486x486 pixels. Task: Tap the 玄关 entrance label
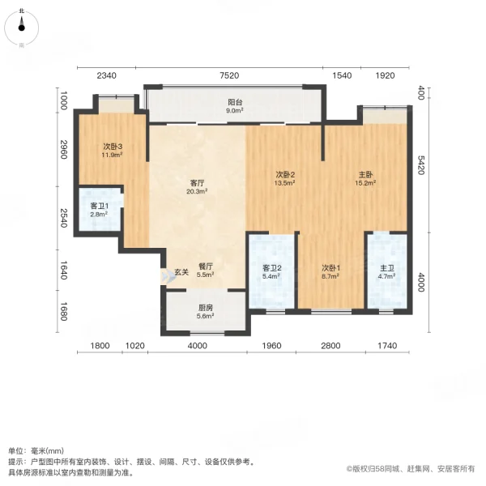[181, 272]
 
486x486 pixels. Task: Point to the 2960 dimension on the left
[61, 151]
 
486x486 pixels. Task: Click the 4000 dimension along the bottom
[196, 347]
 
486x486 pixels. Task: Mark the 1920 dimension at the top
[384, 75]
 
